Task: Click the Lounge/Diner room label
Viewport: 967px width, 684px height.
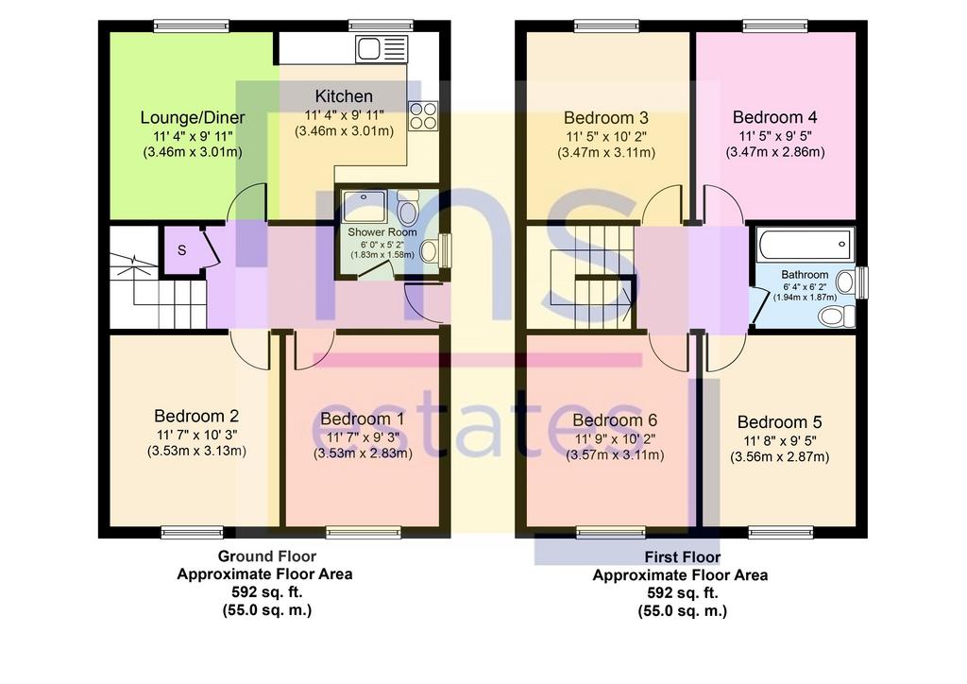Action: (193, 117)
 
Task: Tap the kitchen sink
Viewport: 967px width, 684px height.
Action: (382, 49)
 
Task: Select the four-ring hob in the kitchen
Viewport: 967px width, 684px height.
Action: (423, 115)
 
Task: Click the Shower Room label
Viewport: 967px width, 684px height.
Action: (382, 231)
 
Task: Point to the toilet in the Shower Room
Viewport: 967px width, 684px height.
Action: (406, 208)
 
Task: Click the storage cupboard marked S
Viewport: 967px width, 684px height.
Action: (182, 249)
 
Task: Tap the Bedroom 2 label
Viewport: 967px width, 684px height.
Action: (196, 416)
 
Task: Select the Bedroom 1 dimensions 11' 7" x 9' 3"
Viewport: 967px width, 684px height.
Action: (363, 437)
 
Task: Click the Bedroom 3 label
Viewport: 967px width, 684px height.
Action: (605, 117)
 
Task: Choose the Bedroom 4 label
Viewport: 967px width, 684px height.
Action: (774, 116)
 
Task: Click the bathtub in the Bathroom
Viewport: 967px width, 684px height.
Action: (805, 245)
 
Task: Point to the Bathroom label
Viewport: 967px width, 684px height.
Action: (805, 275)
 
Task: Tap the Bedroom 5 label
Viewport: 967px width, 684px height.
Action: (779, 422)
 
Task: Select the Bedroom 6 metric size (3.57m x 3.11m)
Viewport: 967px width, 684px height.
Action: (615, 455)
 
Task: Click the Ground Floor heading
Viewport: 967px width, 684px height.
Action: (267, 556)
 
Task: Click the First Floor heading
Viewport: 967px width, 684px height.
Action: (683, 557)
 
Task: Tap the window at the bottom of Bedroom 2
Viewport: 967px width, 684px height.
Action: (193, 532)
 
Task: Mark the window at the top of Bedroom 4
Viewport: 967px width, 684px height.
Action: (774, 26)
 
